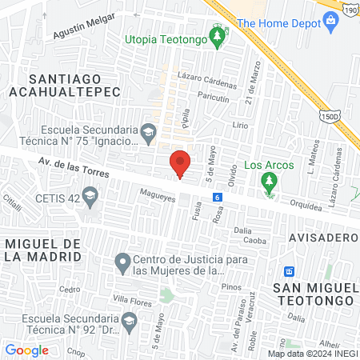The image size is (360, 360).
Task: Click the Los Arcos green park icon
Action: click(x=270, y=183)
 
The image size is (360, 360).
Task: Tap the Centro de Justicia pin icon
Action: click(x=122, y=262)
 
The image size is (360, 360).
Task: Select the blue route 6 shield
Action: click(x=217, y=197)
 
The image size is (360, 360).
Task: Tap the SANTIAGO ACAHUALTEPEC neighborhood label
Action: click(x=65, y=86)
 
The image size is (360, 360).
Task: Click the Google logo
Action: click(x=26, y=350)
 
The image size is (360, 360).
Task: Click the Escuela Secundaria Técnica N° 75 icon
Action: click(x=147, y=130)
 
